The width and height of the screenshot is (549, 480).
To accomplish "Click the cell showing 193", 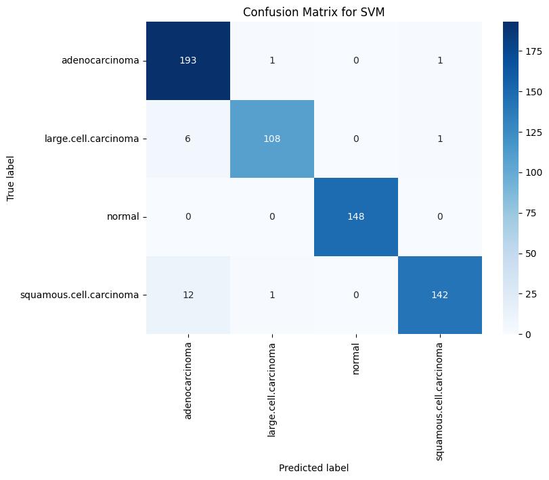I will (x=188, y=61).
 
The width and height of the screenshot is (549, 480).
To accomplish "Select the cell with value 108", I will (x=272, y=139).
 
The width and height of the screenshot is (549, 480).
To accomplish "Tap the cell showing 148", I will (x=356, y=217).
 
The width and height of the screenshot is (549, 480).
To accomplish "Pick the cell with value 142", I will (x=440, y=295).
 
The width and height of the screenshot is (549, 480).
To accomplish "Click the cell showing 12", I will (x=188, y=295).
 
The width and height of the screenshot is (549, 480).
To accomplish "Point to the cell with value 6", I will (x=188, y=139).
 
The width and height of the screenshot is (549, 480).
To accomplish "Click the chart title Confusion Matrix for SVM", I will (x=314, y=11).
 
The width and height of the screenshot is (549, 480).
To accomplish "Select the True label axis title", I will (x=11, y=178).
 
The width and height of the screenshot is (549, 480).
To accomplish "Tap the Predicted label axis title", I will (x=314, y=467).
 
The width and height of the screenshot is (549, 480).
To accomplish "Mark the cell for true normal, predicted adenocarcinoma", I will (x=188, y=217).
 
